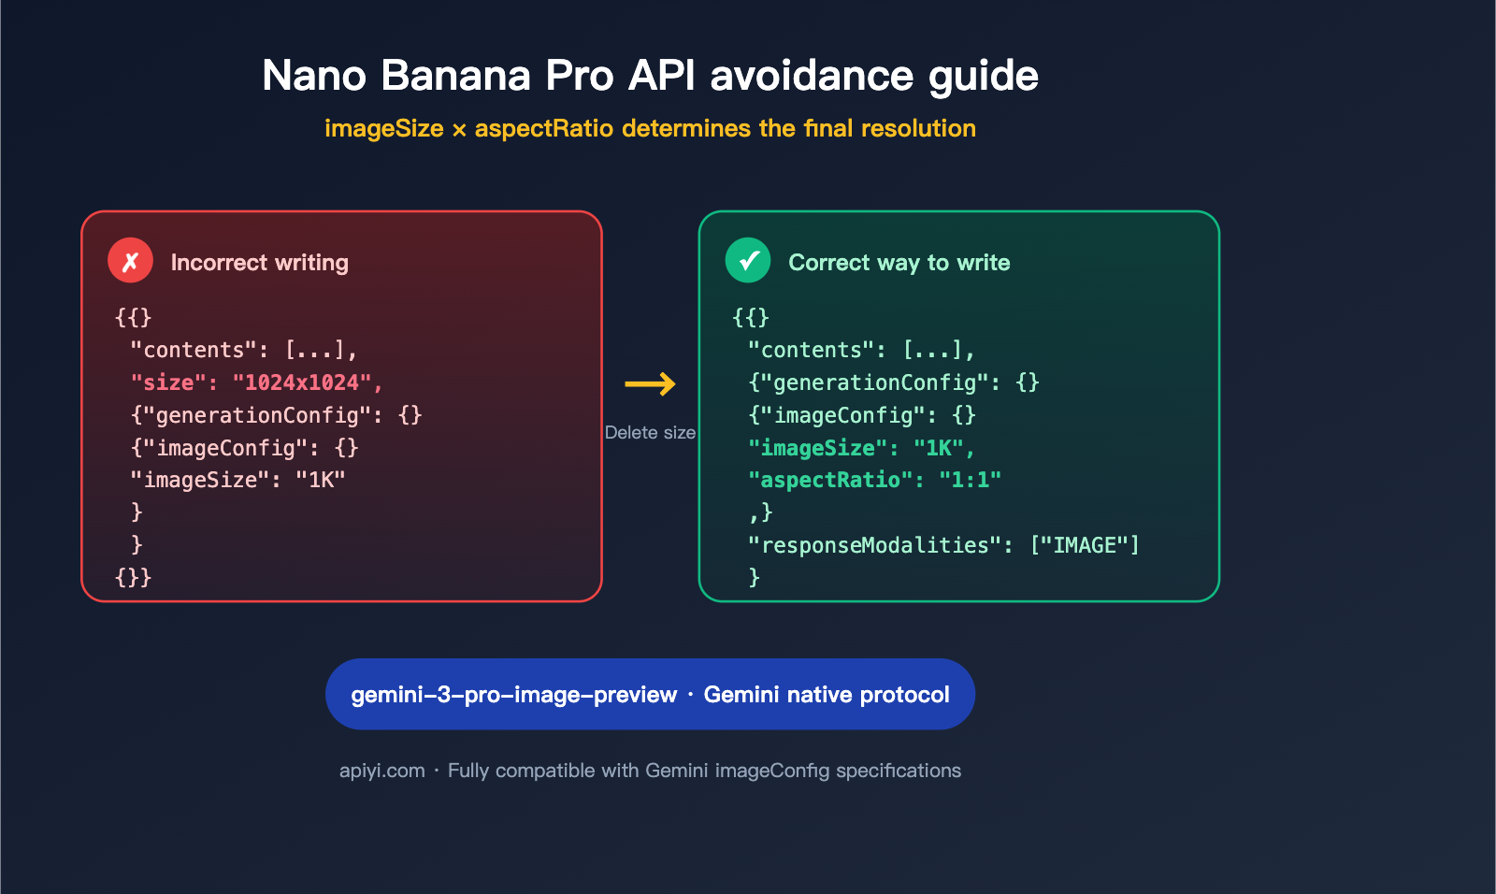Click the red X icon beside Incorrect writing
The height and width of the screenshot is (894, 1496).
pos(130,261)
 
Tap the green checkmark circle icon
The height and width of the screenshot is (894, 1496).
pos(748,261)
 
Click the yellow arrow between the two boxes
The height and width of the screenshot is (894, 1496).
pos(650,383)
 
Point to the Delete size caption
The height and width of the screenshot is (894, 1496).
pos(650,432)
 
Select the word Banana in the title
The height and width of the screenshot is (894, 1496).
pos(455,76)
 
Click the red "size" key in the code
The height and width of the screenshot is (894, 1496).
pos(168,382)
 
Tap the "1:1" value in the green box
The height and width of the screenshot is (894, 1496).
pos(970,480)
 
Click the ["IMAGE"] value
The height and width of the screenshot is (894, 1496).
pos(1085,545)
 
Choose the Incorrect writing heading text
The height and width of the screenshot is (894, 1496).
pos(259,263)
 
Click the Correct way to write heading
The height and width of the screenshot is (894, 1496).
pos(899,263)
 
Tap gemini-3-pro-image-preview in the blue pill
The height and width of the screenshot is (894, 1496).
pos(513,695)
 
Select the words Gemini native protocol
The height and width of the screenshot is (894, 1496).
pos(827,695)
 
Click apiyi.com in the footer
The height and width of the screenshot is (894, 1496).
pos(381,771)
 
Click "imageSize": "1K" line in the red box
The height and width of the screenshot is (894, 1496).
pos(237,480)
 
